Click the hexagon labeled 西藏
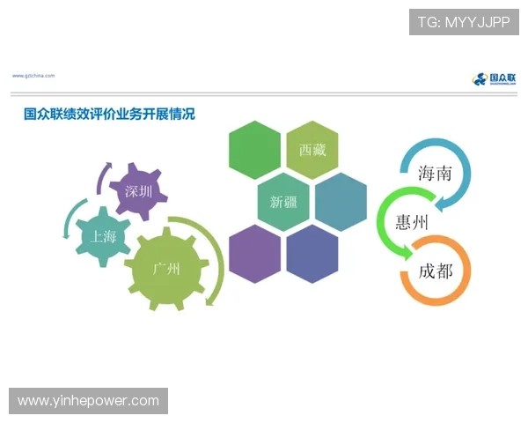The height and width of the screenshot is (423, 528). coord(312,150)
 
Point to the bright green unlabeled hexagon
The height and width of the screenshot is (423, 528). coord(254,150)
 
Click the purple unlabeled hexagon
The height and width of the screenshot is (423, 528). coord(254,254)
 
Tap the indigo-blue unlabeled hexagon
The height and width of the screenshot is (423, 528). coord(312,254)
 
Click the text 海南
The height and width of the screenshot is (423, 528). coord(436,173)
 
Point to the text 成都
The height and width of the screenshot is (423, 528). coord(436,271)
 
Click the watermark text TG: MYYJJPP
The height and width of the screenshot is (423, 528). coord(464,21)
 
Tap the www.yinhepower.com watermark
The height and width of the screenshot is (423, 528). coord(88,401)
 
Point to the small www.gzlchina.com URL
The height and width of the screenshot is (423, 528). coord(33,76)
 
